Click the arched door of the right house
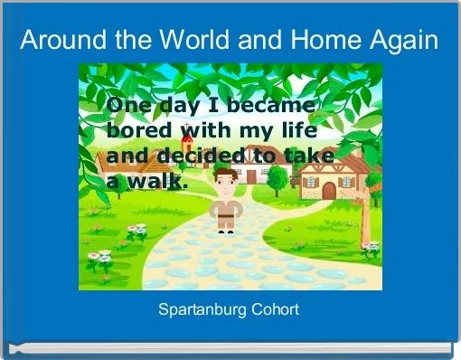[x=328, y=189]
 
